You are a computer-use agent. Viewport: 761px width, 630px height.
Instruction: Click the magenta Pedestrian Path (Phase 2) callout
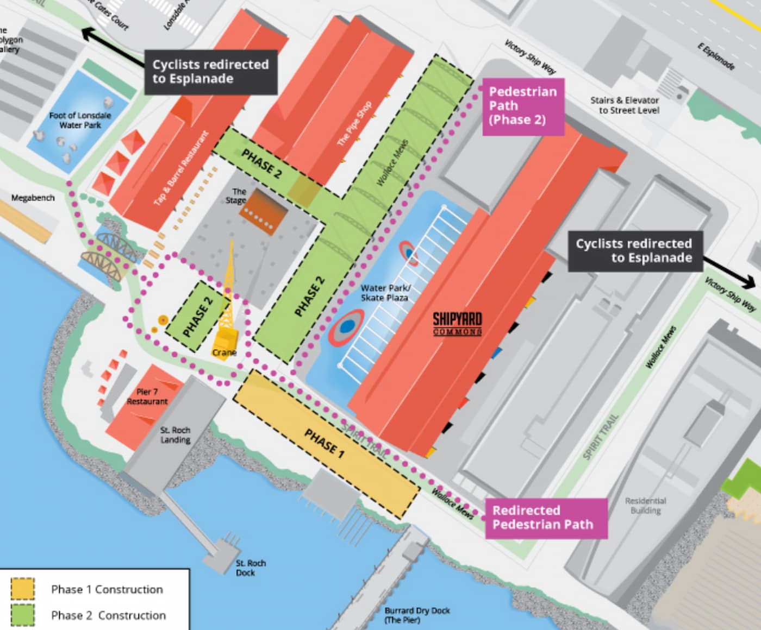tap(523, 106)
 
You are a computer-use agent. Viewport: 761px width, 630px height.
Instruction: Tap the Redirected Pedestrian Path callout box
tap(545, 518)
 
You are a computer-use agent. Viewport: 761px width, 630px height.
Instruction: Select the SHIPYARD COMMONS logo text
tap(457, 324)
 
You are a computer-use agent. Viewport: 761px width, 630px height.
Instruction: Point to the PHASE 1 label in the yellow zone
tap(324, 443)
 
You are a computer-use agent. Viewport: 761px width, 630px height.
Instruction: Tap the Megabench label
tap(33, 198)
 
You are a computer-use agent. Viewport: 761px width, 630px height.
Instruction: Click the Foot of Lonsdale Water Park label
tap(80, 121)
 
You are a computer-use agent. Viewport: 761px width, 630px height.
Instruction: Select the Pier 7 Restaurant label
tap(147, 396)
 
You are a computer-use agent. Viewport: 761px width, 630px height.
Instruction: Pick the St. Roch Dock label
tap(251, 568)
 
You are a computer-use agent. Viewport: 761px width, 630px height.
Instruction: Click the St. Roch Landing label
tap(175, 435)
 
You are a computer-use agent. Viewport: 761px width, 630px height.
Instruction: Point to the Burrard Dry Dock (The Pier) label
tap(417, 615)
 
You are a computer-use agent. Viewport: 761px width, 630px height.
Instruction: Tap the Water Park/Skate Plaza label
tap(385, 293)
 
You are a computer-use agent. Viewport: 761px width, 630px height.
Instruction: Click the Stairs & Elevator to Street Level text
tap(625, 105)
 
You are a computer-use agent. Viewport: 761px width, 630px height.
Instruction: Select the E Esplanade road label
tap(716, 56)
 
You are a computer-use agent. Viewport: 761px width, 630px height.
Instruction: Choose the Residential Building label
tap(645, 506)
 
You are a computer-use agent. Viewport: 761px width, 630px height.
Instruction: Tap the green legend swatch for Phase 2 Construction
tap(22, 615)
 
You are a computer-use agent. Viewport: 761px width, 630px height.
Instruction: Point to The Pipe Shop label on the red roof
tap(354, 123)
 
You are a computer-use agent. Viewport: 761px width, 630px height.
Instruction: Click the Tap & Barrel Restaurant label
tap(181, 168)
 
